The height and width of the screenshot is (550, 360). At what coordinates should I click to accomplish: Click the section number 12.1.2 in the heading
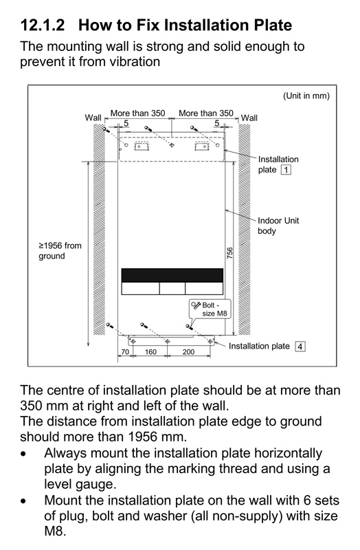tap(43, 25)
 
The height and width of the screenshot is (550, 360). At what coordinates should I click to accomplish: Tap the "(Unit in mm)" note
tap(306, 96)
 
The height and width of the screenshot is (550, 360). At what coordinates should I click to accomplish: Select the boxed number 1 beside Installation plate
tap(286, 170)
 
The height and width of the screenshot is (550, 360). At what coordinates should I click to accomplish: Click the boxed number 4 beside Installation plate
tap(300, 346)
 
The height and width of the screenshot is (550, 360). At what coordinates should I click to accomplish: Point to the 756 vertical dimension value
tap(230, 253)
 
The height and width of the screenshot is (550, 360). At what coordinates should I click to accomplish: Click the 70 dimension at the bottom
tap(125, 351)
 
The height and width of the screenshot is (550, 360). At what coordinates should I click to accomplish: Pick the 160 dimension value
tap(150, 351)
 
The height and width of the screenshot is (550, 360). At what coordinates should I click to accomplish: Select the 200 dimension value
tap(188, 351)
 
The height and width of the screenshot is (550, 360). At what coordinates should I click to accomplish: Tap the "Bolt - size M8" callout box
tap(210, 309)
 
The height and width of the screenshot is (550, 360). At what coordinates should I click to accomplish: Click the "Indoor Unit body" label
tap(278, 225)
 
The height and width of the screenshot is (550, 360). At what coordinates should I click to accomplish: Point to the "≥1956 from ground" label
tap(60, 251)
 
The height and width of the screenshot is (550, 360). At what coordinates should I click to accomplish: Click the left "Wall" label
tap(93, 118)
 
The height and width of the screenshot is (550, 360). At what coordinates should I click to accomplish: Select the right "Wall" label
tap(249, 118)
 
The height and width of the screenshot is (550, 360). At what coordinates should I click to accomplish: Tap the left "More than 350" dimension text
tap(138, 113)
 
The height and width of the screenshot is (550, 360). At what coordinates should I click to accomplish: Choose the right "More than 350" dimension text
tap(206, 113)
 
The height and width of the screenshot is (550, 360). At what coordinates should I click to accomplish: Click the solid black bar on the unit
tap(172, 276)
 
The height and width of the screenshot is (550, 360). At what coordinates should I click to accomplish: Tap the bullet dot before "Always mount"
tap(23, 454)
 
